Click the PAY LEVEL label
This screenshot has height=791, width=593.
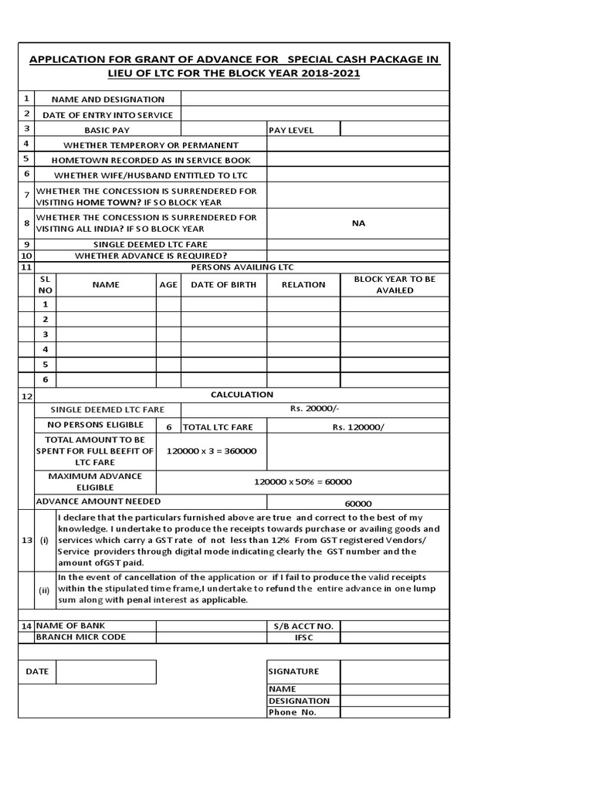291,131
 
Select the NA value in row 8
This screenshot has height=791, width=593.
358,223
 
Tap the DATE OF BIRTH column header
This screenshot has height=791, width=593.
224,284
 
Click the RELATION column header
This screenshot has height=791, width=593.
303,284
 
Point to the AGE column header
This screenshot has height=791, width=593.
168,284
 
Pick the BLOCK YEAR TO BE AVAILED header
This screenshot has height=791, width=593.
395,284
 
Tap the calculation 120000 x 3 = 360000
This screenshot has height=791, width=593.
213,451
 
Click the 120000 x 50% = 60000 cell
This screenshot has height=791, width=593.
303,481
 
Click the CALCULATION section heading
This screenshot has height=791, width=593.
242,395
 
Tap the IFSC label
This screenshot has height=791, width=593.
303,637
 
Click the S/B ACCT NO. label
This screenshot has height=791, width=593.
303,626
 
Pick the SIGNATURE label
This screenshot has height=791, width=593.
293,671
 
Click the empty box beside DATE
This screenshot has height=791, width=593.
106,671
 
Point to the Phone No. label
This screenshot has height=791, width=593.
293,712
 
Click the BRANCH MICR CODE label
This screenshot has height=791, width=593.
80,637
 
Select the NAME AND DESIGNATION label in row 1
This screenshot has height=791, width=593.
107,100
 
